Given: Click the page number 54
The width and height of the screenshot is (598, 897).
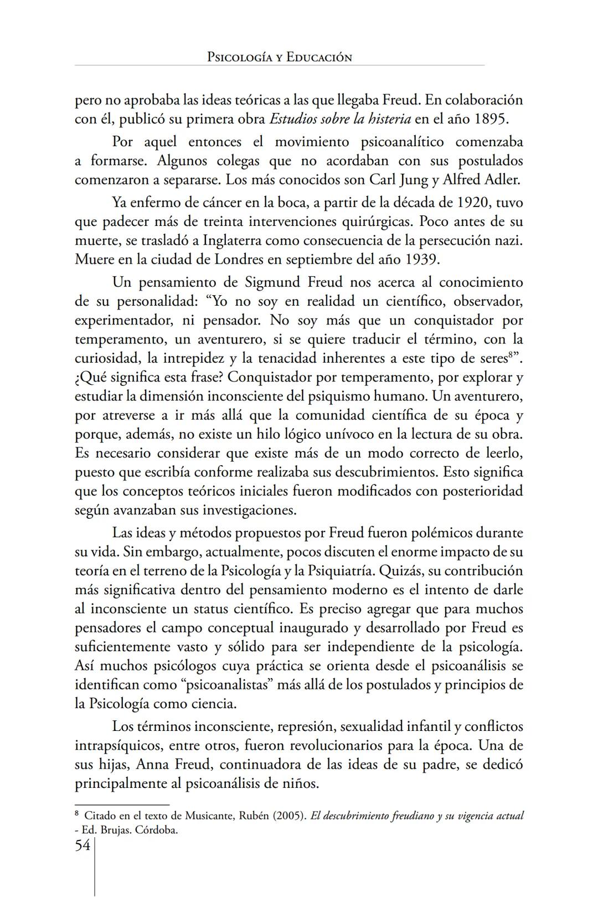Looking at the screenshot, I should pyautogui.click(x=83, y=846).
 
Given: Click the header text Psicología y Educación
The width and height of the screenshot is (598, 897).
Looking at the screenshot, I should pyautogui.click(x=279, y=58).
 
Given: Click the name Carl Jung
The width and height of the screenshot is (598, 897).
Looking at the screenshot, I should pyautogui.click(x=398, y=180).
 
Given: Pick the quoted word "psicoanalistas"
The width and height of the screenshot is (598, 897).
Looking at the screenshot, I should pyautogui.click(x=226, y=685).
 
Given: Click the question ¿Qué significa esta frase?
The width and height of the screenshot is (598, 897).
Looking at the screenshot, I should pyautogui.click(x=149, y=378).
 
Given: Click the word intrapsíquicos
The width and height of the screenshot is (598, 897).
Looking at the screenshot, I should pyautogui.click(x=118, y=746).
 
